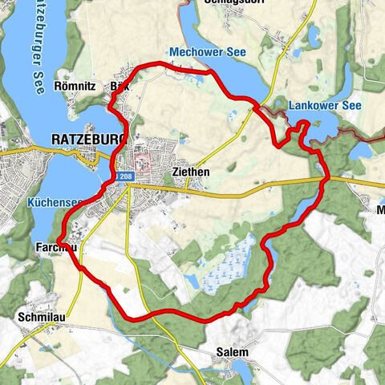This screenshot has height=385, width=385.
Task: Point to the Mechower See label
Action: point(209,51)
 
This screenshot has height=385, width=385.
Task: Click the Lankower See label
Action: point(320,104)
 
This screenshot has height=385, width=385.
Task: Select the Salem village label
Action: point(232,352)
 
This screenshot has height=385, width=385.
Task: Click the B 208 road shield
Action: point(124,176)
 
